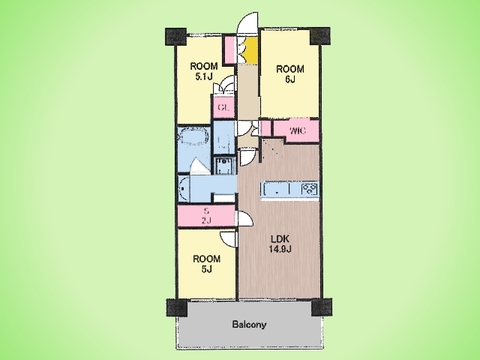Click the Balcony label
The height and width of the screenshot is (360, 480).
pyautogui.click(x=249, y=324)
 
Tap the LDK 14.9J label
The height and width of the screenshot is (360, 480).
pyautogui.click(x=280, y=244)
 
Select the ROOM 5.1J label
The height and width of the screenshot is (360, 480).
pyautogui.click(x=204, y=71)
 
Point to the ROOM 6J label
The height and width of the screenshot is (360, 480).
pyautogui.click(x=290, y=74)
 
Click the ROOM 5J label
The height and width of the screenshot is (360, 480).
pyautogui.click(x=206, y=264)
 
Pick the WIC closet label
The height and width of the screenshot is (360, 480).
pyautogui.click(x=297, y=131)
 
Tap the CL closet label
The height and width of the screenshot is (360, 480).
pyautogui.click(x=223, y=108)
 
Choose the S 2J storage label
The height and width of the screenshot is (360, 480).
pyautogui.click(x=207, y=216)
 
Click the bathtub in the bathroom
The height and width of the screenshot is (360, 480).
pyautogui.click(x=193, y=136)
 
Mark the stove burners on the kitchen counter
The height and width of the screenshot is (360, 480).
pyautogui.click(x=310, y=189)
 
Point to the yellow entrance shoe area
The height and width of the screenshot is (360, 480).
pyautogui.click(x=251, y=50)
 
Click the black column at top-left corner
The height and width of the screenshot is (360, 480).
pyautogui.click(x=175, y=37)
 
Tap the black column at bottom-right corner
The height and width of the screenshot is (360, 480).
pyautogui.click(x=321, y=307)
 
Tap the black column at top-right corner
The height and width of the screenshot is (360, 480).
pyautogui.click(x=320, y=36)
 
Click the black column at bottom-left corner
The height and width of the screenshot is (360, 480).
pyautogui.click(x=177, y=308)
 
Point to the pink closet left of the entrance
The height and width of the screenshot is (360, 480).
pyautogui.click(x=229, y=50)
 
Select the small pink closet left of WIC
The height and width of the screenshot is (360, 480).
pyautogui.click(x=266, y=128)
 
